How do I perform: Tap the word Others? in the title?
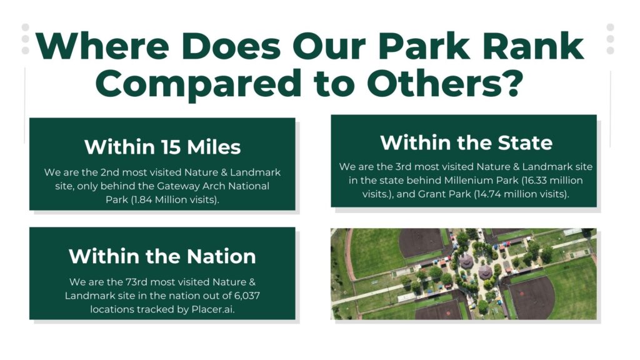click(x=445, y=83)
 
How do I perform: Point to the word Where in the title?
click(x=102, y=46)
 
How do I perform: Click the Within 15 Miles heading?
click(x=162, y=147)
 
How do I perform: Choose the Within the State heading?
click(x=466, y=142)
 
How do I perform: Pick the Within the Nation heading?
click(x=162, y=256)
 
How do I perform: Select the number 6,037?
click(x=247, y=296)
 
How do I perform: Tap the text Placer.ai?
click(x=212, y=309)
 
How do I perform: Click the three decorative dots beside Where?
click(x=25, y=39)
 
